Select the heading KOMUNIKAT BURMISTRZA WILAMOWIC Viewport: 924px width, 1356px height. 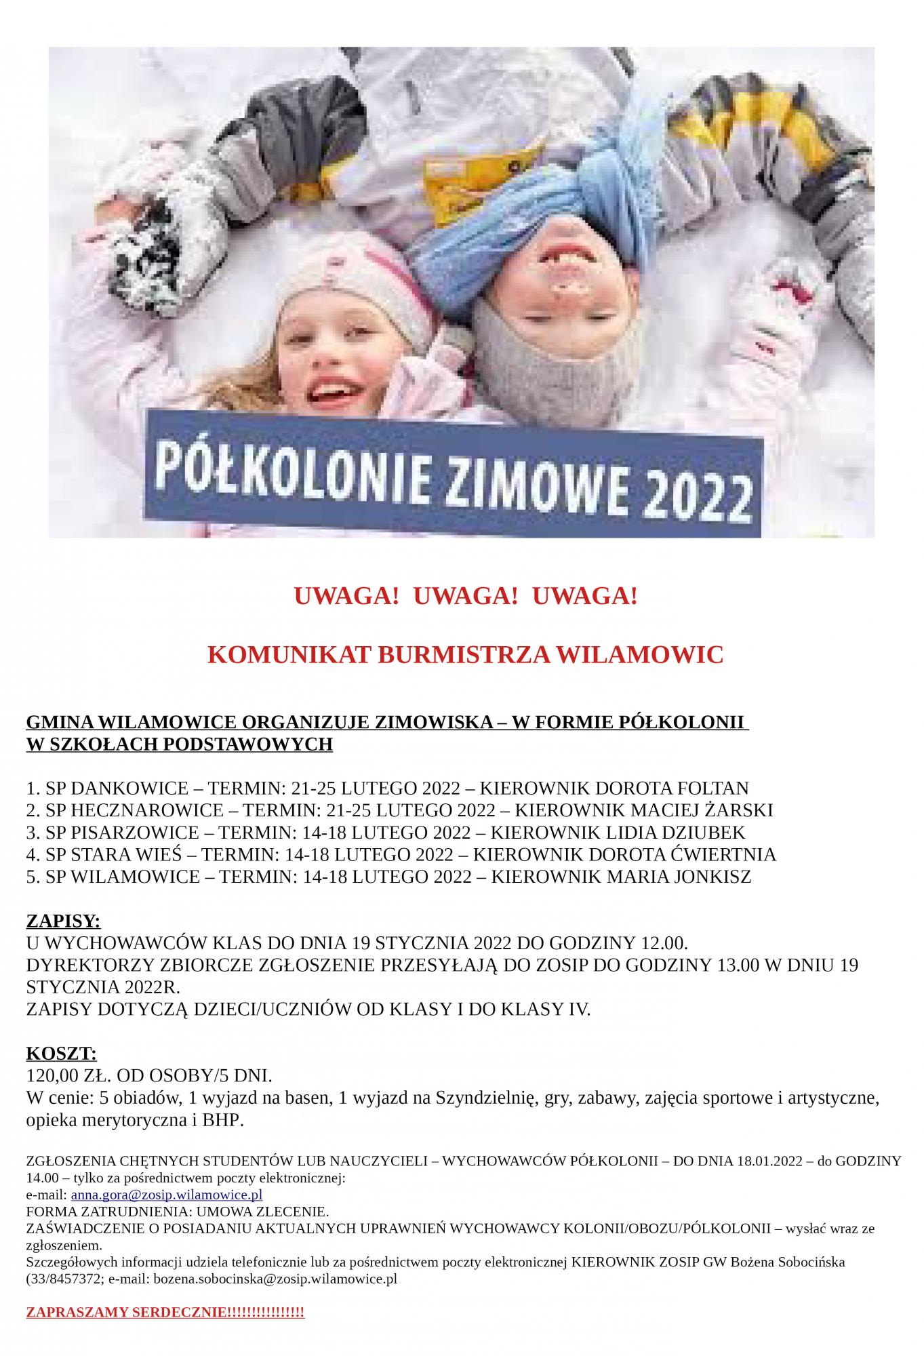(465, 655)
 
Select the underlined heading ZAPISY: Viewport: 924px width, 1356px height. (63, 921)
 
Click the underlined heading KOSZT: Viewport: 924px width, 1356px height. (61, 1054)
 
